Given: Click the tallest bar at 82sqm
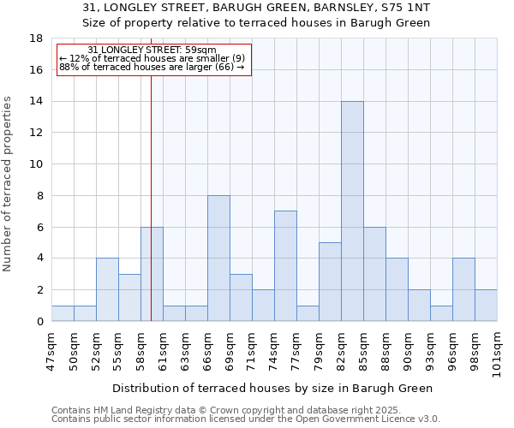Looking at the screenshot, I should tap(352, 211).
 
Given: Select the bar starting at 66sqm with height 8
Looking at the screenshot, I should tap(218, 259).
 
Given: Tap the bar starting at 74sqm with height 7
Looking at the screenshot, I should tap(285, 266).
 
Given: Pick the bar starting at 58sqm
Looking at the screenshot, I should tap(152, 274).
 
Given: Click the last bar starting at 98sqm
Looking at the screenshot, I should tap(486, 306).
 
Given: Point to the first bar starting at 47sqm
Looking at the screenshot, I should tap(63, 313).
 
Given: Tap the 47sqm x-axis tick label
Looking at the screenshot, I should tap(51, 350).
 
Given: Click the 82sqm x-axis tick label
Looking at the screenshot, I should tap(341, 350).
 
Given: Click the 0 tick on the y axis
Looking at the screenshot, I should tap(39, 321).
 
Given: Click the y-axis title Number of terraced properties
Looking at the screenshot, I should tap(9, 184).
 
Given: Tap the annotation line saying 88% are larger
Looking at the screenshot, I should tap(152, 67).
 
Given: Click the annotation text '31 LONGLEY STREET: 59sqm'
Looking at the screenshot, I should tap(152, 51).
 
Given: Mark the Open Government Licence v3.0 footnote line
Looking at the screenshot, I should tap(246, 419).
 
